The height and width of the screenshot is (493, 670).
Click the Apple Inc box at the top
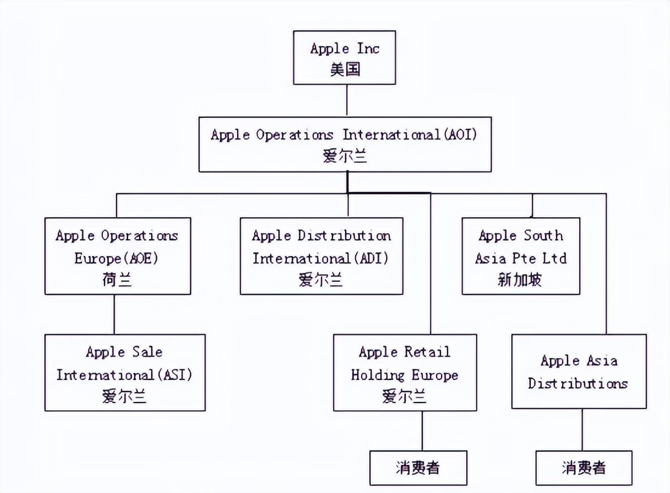tap(345, 58)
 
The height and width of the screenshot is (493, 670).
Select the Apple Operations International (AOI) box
tap(345, 144)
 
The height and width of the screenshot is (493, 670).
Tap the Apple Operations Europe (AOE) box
tap(118, 256)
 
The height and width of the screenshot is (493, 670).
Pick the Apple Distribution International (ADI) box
tap(321, 256)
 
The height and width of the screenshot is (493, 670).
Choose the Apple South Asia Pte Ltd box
tap(521, 256)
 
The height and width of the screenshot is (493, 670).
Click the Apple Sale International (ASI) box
tap(125, 373)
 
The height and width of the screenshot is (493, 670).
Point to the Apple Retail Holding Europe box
tap(405, 373)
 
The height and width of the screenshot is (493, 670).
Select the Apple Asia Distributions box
tap(579, 371)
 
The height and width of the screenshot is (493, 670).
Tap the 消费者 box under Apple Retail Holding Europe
tap(418, 468)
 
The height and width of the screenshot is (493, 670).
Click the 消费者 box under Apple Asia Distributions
tap(584, 468)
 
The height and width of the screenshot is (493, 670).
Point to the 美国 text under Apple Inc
tap(345, 70)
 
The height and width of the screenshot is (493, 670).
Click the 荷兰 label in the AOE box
tap(117, 280)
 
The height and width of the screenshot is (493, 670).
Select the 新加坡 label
tap(520, 280)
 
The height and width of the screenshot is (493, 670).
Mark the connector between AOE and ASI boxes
tap(114, 315)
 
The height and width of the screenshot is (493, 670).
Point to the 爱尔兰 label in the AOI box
tap(345, 157)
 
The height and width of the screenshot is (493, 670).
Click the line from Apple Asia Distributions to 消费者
tap(582, 430)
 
